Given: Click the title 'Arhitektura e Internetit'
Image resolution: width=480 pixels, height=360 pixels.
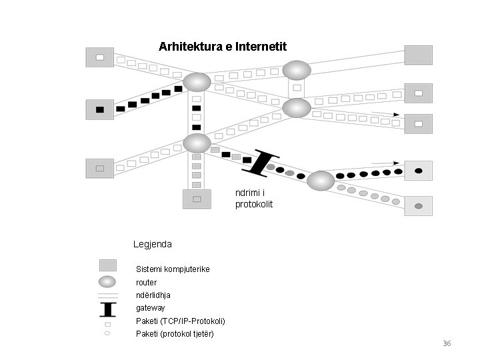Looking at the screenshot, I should [223, 47].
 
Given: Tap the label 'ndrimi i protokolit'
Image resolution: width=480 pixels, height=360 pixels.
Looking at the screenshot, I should [254, 199].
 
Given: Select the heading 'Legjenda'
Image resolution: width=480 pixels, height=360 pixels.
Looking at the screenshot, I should [152, 244].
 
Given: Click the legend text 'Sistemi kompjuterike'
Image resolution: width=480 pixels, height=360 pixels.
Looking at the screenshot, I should [173, 269].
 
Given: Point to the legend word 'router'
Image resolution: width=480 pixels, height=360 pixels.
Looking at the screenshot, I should [147, 283].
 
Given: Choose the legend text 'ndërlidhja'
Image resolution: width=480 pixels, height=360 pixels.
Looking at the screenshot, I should [153, 295].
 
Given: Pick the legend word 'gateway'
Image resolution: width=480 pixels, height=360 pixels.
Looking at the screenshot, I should [150, 308].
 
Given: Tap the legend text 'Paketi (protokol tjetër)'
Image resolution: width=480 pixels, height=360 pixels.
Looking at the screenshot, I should [175, 333].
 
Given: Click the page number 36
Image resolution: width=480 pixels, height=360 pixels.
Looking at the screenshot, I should [447, 343].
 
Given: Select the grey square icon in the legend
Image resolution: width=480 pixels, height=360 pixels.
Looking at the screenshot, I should [107, 265].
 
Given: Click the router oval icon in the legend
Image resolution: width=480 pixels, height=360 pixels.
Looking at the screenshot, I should [107, 282].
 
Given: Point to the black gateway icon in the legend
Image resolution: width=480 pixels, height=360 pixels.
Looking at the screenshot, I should [107, 309].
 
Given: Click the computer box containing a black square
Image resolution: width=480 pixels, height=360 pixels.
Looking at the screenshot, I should [100, 109].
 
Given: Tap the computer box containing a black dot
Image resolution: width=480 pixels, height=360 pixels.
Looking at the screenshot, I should [419, 171].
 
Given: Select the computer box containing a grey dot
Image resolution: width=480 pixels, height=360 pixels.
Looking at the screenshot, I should [419, 206].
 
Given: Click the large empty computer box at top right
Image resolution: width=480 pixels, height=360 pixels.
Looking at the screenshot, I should [418, 55].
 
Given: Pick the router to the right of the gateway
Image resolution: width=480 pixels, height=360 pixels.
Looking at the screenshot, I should [321, 181].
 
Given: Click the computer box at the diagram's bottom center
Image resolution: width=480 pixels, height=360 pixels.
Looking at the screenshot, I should [197, 199].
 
